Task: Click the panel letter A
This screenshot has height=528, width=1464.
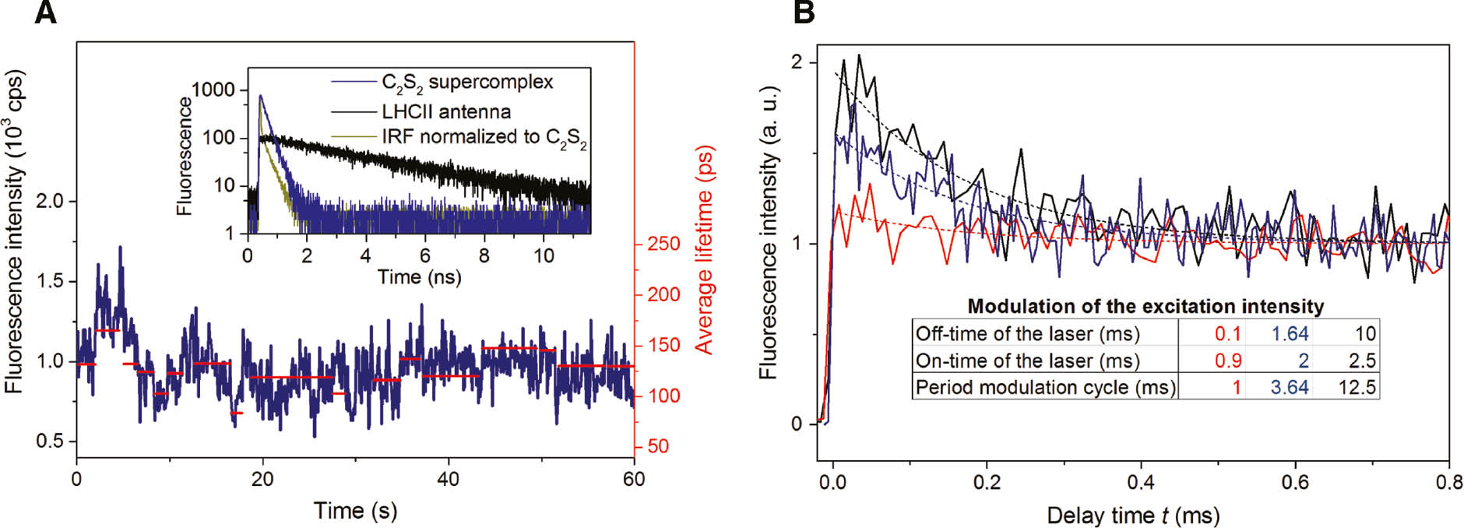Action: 46,13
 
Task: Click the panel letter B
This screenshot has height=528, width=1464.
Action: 803,13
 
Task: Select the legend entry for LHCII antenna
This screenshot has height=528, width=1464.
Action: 445,111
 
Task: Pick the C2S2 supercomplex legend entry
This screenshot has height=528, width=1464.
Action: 466,83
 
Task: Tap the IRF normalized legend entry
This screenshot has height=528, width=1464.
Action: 484,137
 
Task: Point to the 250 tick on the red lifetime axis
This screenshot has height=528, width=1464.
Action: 663,244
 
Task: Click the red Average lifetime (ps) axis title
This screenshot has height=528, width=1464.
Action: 704,249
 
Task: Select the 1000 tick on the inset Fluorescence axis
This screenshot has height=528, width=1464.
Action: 213,90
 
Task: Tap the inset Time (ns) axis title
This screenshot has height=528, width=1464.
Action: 419,277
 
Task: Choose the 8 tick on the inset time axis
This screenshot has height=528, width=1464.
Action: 484,255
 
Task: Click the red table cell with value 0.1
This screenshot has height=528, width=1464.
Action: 1227,334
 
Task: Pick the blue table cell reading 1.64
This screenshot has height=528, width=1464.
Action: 1290,334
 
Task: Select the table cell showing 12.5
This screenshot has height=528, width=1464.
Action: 1357,387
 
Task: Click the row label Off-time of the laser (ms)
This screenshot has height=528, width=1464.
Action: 1027,334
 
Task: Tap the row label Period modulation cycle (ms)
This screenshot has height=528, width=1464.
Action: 1045,387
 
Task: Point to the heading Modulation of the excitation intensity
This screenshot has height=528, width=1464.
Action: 1145,306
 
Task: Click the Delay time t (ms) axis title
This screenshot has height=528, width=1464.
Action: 1132,516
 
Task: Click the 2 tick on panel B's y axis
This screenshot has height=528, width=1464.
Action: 796,62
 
